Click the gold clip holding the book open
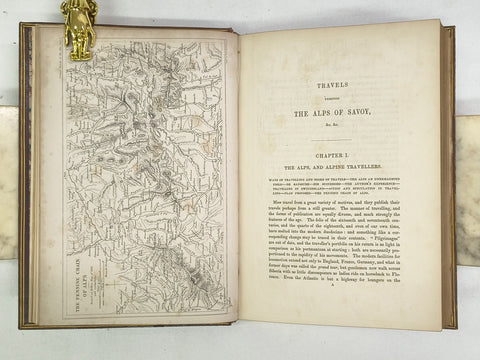79,19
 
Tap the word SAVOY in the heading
372,117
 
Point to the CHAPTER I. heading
341,160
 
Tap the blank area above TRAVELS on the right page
340,55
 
